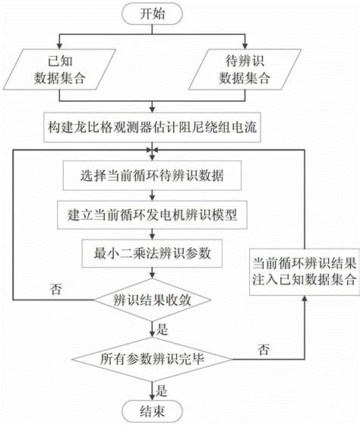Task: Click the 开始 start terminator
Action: pyautogui.click(x=153, y=13)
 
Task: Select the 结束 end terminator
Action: pyautogui.click(x=153, y=411)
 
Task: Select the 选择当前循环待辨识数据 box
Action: pyautogui.click(x=153, y=177)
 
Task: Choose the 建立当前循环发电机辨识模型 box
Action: pyautogui.click(x=153, y=214)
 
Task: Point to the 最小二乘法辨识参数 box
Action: pyautogui.click(x=153, y=252)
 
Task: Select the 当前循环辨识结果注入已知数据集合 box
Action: pyautogui.click(x=302, y=270)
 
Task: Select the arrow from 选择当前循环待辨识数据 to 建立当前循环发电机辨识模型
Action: pyautogui.click(x=153, y=196)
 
